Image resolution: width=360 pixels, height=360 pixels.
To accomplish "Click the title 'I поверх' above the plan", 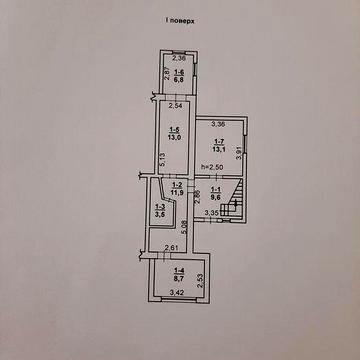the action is coord(180,20).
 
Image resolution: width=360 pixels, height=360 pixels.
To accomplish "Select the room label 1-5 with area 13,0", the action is coord(174,133).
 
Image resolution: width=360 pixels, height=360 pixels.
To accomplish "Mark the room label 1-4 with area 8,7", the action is coord(179,272).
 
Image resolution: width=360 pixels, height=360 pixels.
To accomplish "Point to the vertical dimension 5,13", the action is coord(163,160).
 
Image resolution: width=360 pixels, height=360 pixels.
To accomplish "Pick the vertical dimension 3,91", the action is coord(239,152).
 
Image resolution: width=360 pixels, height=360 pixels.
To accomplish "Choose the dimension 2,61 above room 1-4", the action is coord(171,248).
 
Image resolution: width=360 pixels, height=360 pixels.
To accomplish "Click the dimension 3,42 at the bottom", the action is coord(177,293).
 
